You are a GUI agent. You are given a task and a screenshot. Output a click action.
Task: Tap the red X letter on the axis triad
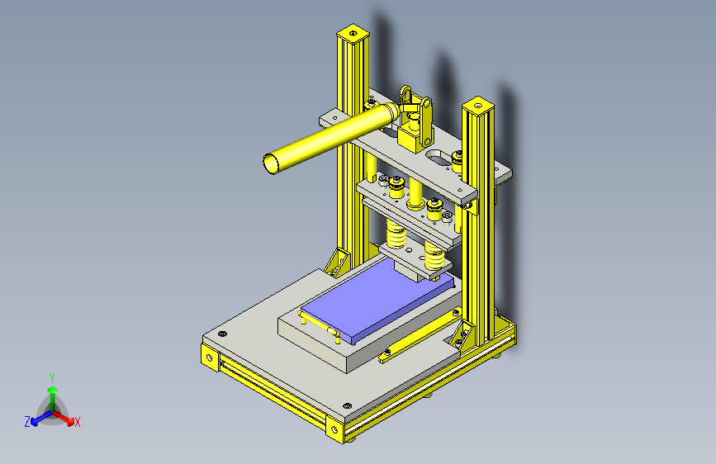[x=78, y=422]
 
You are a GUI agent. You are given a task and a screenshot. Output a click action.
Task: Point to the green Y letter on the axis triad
[x=51, y=376]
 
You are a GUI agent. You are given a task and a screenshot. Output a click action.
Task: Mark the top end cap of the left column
[x=352, y=34]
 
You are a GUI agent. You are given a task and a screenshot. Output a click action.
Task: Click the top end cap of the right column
[x=477, y=105]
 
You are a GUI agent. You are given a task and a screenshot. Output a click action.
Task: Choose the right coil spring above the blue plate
[x=435, y=253]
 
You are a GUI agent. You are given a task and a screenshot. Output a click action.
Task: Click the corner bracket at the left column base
[x=337, y=263]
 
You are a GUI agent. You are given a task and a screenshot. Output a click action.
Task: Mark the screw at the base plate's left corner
[x=221, y=334]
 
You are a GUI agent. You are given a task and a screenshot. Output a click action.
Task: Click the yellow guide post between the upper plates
[x=415, y=192]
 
